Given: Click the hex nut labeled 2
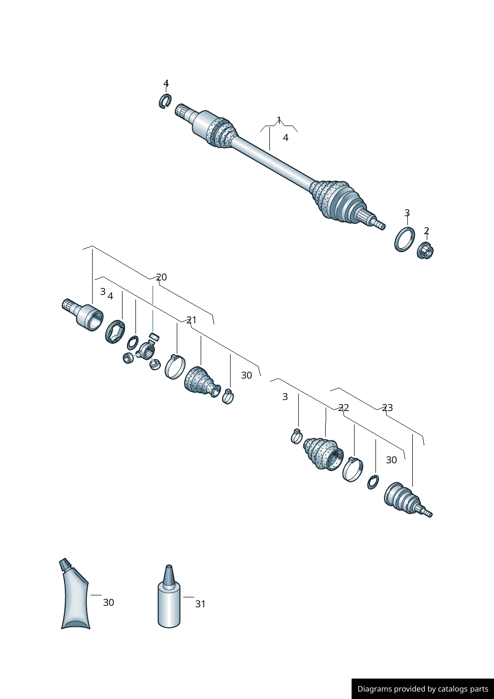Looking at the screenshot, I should tap(425, 250).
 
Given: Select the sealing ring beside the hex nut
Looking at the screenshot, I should tap(404, 239).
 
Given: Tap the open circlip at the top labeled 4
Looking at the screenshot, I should tap(165, 101).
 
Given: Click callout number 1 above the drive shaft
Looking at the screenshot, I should tap(279, 120).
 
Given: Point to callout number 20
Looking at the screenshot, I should tap(161, 277).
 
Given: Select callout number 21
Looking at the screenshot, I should tap(191, 320).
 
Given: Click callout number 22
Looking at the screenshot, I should tap(344, 408).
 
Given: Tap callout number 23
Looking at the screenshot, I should tap(387, 408).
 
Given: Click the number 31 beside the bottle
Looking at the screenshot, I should tap(200, 604).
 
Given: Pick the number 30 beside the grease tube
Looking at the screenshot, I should tap(109, 602).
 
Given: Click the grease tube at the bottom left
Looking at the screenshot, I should tap(75, 598).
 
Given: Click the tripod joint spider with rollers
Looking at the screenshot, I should tap(148, 349).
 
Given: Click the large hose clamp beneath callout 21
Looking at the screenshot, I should tap(174, 367).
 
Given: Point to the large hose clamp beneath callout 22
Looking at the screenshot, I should tap(353, 469).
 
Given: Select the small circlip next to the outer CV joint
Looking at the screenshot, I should tap(372, 482).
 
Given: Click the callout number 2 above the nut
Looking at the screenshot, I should tap(426, 231).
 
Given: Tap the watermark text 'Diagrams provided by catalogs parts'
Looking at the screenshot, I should tap(423, 689).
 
